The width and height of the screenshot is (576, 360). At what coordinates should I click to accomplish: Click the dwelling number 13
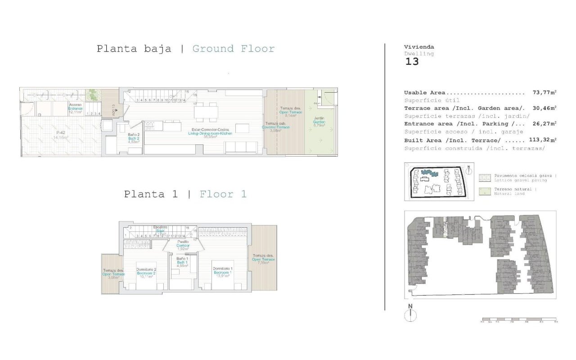click(412, 62)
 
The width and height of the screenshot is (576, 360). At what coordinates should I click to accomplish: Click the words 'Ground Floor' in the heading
click(233, 49)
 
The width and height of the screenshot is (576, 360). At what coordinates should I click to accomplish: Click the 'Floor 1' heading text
click(223, 194)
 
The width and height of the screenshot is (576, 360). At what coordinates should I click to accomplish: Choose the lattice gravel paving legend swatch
click(486, 177)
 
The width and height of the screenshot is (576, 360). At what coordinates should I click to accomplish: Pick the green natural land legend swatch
click(486, 191)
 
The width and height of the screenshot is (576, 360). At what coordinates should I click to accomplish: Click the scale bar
click(519, 320)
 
